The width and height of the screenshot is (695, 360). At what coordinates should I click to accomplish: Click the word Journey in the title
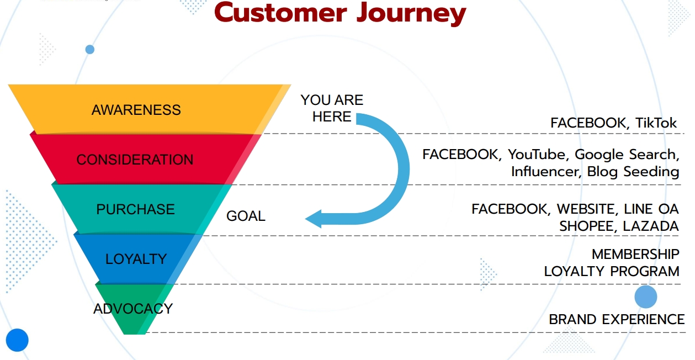pyautogui.click(x=411, y=14)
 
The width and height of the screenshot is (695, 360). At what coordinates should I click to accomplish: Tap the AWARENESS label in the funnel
pyautogui.click(x=136, y=110)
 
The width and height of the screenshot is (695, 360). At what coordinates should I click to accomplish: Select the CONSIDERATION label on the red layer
pyautogui.click(x=135, y=160)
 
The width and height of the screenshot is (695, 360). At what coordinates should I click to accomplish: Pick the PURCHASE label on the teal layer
pyautogui.click(x=135, y=209)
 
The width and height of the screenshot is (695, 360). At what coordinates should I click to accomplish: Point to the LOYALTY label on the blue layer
pyautogui.click(x=136, y=259)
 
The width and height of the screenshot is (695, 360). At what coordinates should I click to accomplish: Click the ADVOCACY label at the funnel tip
pyautogui.click(x=133, y=309)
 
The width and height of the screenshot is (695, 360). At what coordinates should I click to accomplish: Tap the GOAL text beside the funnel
pyautogui.click(x=246, y=216)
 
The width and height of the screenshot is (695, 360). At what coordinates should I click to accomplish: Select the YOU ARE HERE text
pyautogui.click(x=332, y=108)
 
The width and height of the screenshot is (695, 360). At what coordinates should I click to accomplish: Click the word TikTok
pyautogui.click(x=656, y=123)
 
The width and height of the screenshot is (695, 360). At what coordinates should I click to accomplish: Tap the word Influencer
pyautogui.click(x=546, y=171)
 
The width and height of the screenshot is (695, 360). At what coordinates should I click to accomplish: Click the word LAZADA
pyautogui.click(x=651, y=226)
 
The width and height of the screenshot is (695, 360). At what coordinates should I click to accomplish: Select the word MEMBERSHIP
pyautogui.click(x=635, y=254)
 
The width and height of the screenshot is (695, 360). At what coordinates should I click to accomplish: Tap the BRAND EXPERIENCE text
pyautogui.click(x=617, y=319)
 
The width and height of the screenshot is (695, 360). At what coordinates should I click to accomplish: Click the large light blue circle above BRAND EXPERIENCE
pyautogui.click(x=646, y=297)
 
